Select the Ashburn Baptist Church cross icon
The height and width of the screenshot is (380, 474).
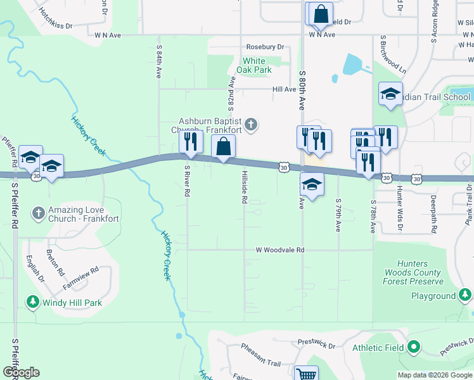pyautogui.click(x=251, y=124)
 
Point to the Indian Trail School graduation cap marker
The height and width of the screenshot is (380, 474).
pyautogui.click(x=390, y=94)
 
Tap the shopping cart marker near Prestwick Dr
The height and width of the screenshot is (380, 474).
pyautogui.click(x=306, y=374)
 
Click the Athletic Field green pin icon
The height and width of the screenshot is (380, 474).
pyautogui.click(x=414, y=346)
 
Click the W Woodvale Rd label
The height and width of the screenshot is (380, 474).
pyautogui.click(x=280, y=250)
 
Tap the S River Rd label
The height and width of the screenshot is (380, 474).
pyautogui.click(x=187, y=180)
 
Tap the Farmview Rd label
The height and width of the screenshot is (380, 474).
pyautogui.click(x=81, y=279)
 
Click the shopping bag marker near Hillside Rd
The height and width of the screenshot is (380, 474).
pyautogui.click(x=223, y=146)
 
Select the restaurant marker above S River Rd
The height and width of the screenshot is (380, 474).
pyautogui.click(x=190, y=141)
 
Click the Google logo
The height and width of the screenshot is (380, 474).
pyautogui.click(x=21, y=372)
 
